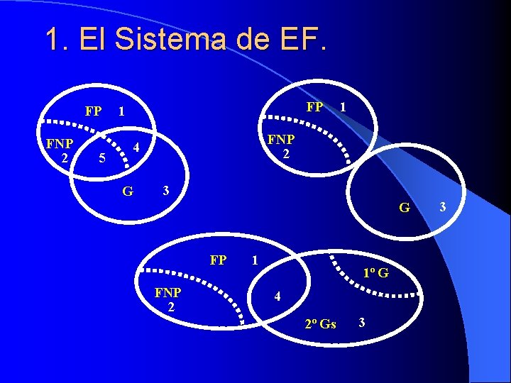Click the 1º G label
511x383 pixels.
(374, 272)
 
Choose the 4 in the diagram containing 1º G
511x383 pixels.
(278, 296)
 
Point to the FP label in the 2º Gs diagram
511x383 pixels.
(218, 260)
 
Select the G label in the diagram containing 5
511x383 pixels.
(128, 190)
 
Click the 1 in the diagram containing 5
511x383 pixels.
(122, 111)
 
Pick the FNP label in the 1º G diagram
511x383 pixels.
(168, 292)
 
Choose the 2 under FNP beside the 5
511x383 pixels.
(64, 157)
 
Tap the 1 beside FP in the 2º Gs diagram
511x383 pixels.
(255, 260)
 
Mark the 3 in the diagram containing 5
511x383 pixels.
(165, 190)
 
